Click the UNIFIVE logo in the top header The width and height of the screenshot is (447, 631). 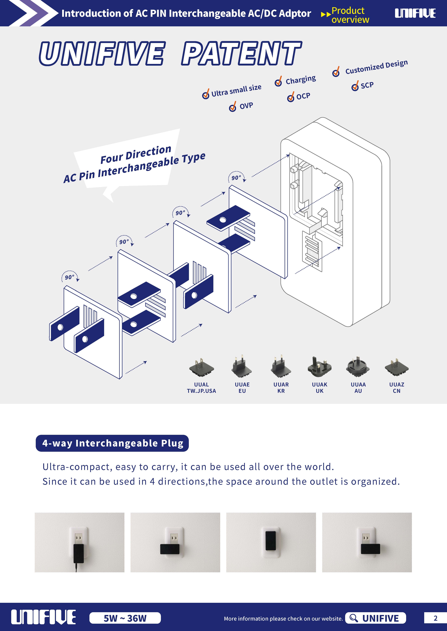pyautogui.click(x=415, y=13)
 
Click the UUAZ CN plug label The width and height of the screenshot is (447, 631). pyautogui.click(x=397, y=388)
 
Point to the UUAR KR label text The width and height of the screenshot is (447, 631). pyautogui.click(x=281, y=388)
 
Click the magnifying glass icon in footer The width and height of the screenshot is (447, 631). pyautogui.click(x=353, y=618)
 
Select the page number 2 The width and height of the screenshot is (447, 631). pyautogui.click(x=435, y=618)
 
